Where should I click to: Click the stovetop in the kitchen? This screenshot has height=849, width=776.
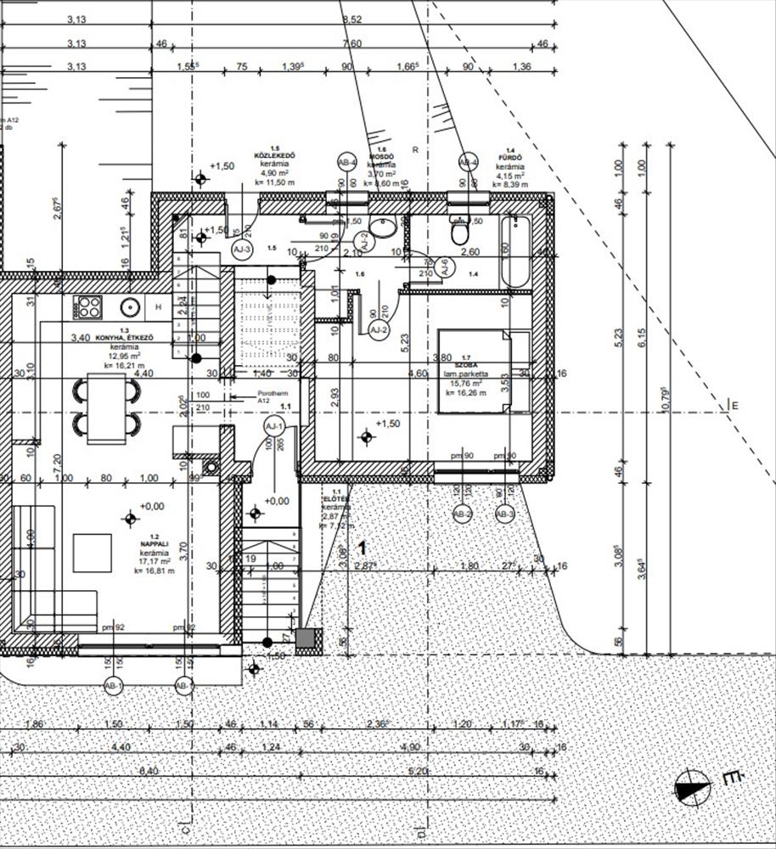(x=87, y=307)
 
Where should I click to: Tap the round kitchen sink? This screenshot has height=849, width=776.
(x=130, y=307)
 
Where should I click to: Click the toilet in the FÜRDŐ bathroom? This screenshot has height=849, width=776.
(x=459, y=230)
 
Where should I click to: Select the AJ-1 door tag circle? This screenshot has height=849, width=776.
(x=273, y=425)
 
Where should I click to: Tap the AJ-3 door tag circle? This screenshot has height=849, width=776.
(x=242, y=250)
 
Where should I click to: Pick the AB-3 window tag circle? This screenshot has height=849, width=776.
(x=505, y=514)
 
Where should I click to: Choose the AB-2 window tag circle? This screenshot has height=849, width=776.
(x=463, y=514)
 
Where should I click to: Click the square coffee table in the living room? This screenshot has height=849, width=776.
(x=93, y=553)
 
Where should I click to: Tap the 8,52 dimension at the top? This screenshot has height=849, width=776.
(x=351, y=19)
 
